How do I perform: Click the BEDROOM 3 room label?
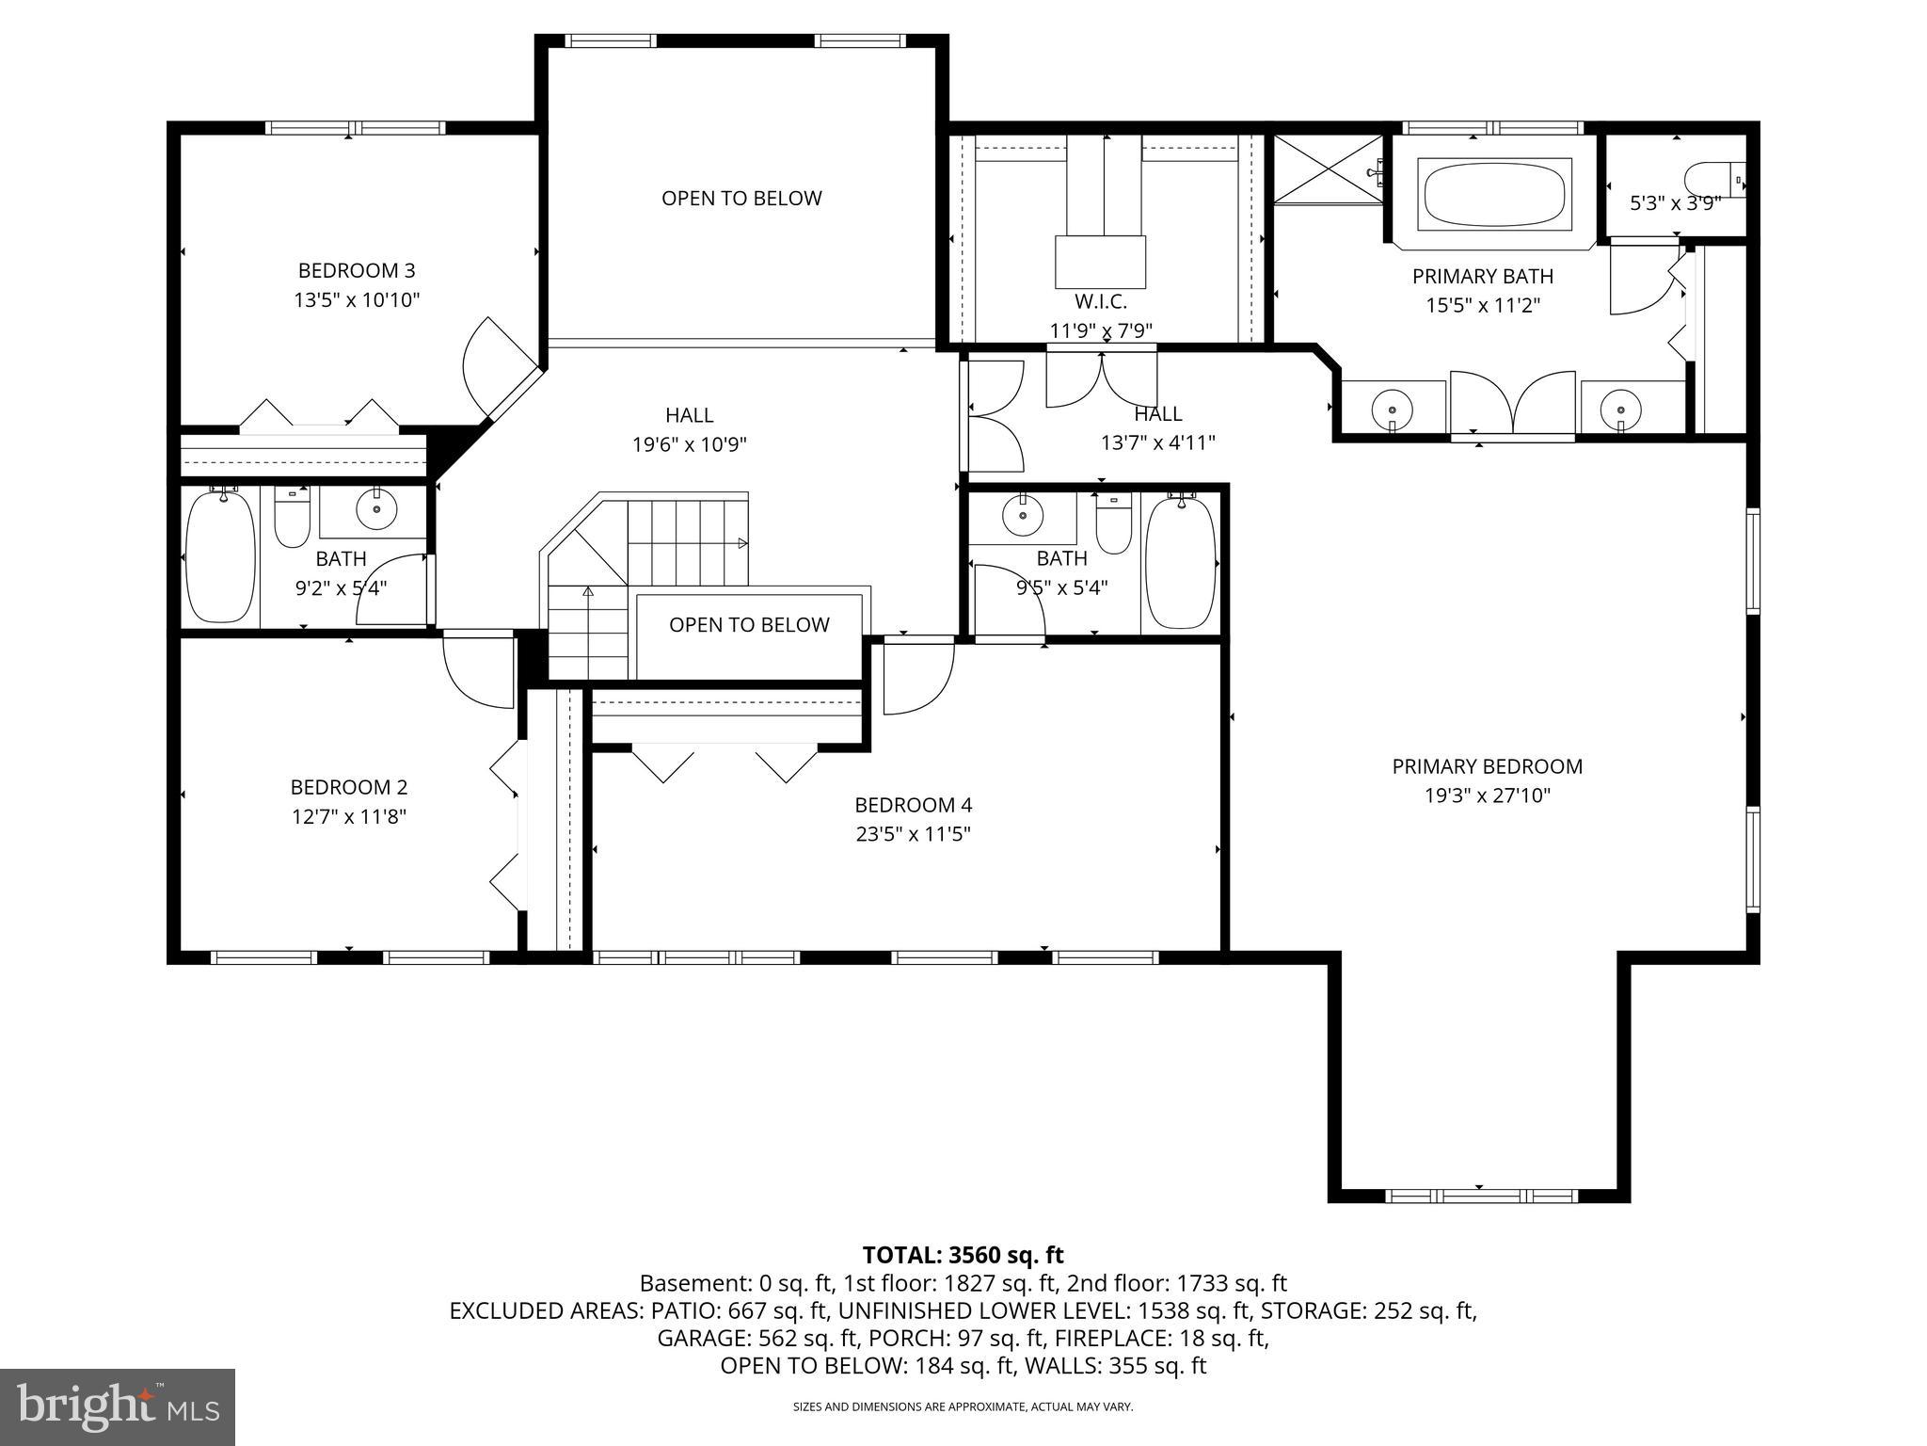coord(356,271)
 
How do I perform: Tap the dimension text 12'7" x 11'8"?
coord(348,817)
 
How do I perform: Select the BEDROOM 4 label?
coord(913,805)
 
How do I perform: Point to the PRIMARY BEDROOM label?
coord(1487,766)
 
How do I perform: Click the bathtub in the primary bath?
coord(1494,194)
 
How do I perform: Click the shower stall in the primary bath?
coord(1327,169)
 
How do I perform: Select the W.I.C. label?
coord(1101,302)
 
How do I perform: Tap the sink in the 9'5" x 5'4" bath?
coord(1023,515)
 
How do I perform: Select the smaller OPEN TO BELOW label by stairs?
coord(749,625)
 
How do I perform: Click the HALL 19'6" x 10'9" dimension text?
coord(689,444)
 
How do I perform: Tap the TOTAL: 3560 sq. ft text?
coord(963,1255)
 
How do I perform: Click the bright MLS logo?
coord(118,1406)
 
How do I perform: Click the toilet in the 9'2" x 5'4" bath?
coord(292,519)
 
